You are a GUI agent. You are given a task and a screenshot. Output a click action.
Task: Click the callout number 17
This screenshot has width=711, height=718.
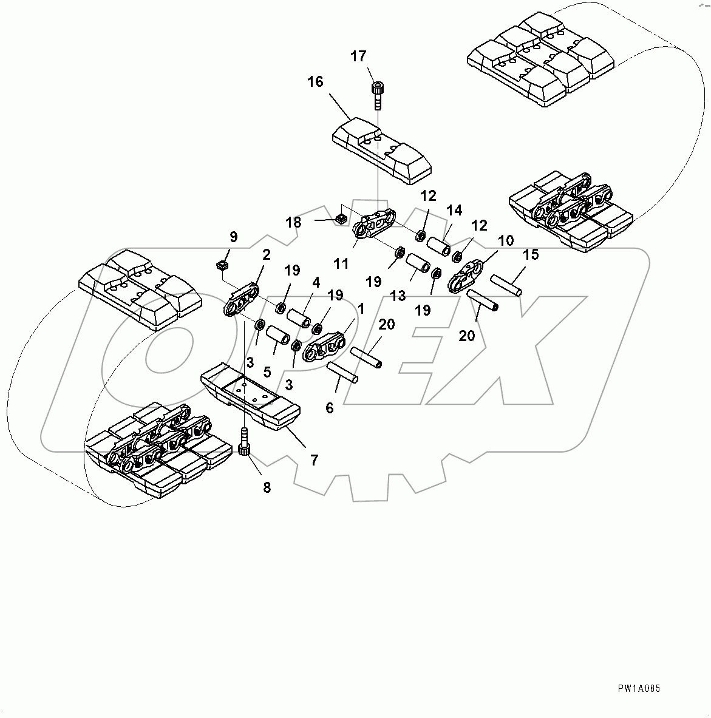click(358, 56)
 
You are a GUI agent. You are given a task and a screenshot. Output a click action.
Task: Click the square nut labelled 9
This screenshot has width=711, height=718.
click(222, 265)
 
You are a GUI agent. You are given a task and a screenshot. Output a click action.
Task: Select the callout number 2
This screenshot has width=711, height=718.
click(265, 256)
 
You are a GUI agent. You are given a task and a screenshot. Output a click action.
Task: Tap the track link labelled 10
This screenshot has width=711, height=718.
click(466, 277)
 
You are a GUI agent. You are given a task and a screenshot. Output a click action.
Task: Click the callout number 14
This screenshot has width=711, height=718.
click(454, 211)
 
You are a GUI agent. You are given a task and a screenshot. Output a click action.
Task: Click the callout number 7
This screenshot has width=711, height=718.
click(314, 460)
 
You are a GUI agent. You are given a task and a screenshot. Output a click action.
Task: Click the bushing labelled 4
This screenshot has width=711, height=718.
click(299, 318)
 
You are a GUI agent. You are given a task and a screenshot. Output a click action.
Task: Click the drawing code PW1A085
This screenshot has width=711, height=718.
click(639, 688)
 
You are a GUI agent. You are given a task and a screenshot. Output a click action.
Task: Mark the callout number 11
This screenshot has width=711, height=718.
click(341, 263)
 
